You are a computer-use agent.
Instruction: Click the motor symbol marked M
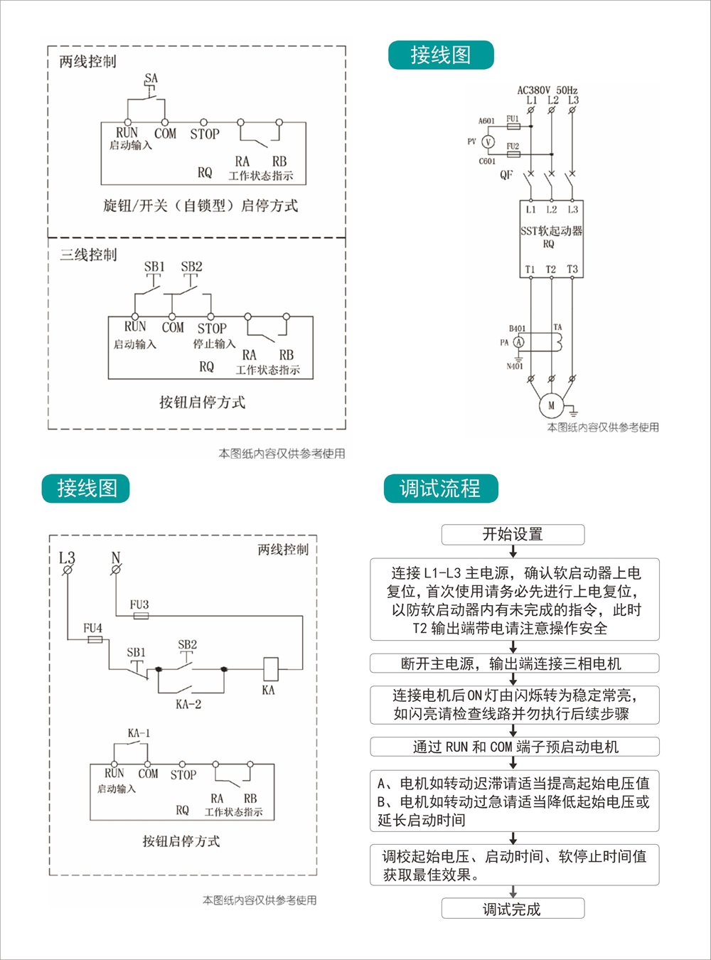551,406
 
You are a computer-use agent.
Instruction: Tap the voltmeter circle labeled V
488,142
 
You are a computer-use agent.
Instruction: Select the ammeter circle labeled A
519,342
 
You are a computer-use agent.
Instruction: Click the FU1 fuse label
512,119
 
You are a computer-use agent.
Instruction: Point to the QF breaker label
506,174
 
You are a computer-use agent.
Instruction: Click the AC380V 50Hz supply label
547,90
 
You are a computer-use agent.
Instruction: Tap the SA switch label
151,78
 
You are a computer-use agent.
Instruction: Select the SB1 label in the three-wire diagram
154,267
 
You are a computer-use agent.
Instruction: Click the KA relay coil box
270,669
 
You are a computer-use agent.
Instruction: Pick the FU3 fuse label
139,604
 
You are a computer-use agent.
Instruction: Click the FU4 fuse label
92,628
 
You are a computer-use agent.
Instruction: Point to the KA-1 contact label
139,733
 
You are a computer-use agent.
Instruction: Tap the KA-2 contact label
188,704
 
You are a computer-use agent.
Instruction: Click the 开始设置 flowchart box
513,535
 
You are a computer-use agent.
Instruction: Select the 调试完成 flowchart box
513,909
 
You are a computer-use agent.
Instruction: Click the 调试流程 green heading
440,489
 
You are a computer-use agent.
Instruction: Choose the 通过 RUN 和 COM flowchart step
514,747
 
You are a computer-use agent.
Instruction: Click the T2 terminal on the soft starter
551,270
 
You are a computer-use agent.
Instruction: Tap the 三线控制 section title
88,255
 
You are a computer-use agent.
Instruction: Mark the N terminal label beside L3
116,558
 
